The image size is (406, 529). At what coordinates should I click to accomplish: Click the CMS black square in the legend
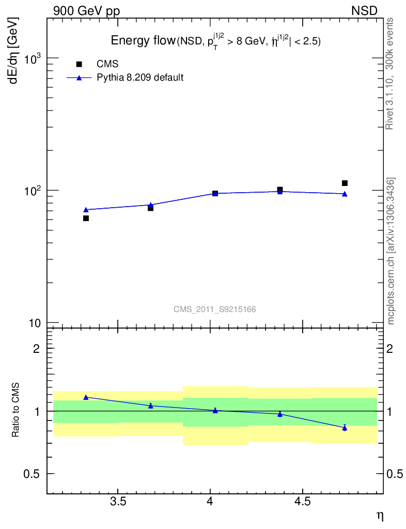pyautogui.click(x=79, y=64)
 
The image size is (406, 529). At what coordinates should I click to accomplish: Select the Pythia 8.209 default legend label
pyautogui.click(x=140, y=78)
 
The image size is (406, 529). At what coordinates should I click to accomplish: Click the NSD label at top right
pyautogui.click(x=365, y=11)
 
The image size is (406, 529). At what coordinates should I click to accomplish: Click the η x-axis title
pyautogui.click(x=380, y=515)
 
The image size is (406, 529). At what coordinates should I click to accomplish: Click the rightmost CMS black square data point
pyautogui.click(x=345, y=183)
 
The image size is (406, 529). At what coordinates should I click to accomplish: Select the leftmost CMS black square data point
pyautogui.click(x=86, y=218)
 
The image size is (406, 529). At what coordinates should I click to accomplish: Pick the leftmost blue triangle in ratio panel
pyautogui.click(x=86, y=397)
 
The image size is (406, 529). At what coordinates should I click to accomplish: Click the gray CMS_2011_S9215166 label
pyautogui.click(x=215, y=309)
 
